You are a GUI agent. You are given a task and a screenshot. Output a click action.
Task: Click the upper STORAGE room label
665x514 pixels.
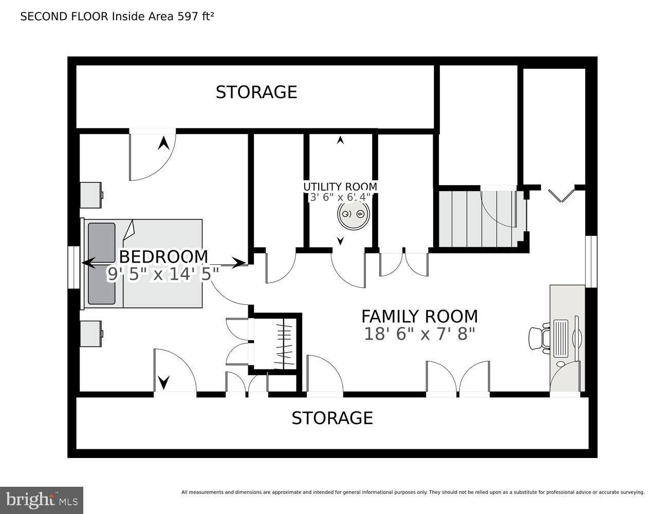point(256,92)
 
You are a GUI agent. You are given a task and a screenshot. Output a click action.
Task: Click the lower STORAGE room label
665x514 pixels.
point(332,418)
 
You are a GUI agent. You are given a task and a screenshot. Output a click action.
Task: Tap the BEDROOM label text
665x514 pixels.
point(163,256)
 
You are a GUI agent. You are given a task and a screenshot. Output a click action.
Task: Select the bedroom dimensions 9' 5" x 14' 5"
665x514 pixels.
point(162,274)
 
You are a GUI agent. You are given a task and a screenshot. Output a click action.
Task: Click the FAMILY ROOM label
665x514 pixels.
point(419,316)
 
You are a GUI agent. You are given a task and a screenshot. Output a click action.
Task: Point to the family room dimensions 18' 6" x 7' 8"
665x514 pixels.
point(419,334)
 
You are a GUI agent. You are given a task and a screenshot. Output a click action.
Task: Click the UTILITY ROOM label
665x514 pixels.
point(340,187)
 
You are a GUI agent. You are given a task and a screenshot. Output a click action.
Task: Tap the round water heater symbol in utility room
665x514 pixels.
point(353,214)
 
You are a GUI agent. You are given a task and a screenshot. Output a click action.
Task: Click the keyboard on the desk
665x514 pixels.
point(560,338)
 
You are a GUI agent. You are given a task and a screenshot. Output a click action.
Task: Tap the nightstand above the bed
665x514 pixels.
point(91,195)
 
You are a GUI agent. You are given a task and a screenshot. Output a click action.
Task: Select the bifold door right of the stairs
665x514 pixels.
point(561,195)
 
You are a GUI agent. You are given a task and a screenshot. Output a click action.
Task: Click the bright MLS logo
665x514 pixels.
point(42,500)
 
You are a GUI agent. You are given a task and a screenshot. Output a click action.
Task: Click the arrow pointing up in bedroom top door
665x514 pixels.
point(163,143)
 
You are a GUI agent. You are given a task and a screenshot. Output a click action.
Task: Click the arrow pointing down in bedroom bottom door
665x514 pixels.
point(163,382)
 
